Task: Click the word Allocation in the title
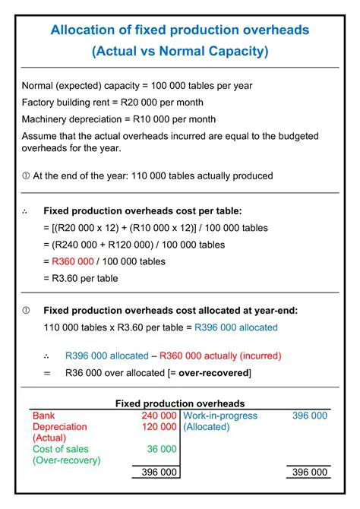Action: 78,30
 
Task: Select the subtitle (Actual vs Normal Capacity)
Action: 179,52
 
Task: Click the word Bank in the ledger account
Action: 43,416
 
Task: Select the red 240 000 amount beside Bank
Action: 159,416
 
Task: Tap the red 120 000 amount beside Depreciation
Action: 159,428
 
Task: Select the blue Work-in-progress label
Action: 220,416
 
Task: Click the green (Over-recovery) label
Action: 67,461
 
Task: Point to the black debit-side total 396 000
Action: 159,473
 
